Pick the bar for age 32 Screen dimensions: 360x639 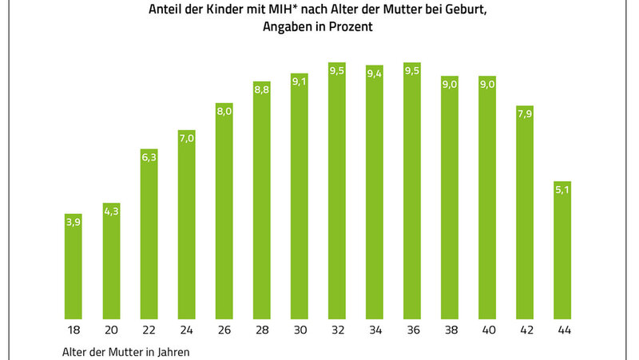tap(337, 191)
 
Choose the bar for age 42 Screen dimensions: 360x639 tap(526, 212)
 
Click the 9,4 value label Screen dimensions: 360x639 tap(375, 74)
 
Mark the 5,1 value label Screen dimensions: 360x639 tap(563, 192)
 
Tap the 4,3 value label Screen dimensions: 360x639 tap(111, 213)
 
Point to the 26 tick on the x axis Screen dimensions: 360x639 tap(224, 330)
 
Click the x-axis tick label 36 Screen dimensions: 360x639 tap(412, 330)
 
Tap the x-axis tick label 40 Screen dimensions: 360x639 tap(487, 330)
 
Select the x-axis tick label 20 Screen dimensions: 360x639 tap(111, 330)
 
